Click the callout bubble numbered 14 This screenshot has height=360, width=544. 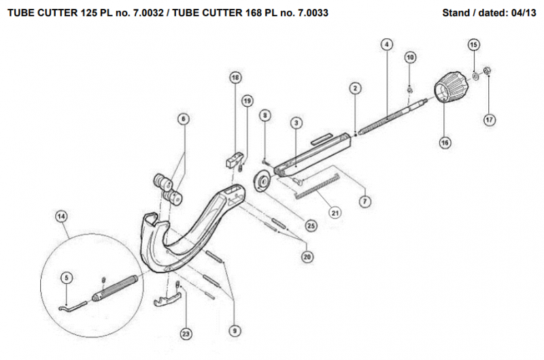pyautogui.click(x=61, y=216)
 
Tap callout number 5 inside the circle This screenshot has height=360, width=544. pyautogui.click(x=66, y=277)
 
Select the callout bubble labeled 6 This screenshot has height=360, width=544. pyautogui.click(x=183, y=118)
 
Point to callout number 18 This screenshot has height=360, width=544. pyautogui.click(x=235, y=78)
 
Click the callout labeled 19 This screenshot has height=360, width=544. pyautogui.click(x=247, y=101)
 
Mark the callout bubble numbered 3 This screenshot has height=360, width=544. pyautogui.click(x=296, y=123)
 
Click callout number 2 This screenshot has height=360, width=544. pyautogui.click(x=354, y=88)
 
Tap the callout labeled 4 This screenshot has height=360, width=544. pyautogui.click(x=386, y=45)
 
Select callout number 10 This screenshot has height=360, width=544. pyautogui.click(x=410, y=57)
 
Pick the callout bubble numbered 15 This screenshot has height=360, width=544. pyautogui.click(x=474, y=44)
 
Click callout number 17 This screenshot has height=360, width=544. pyautogui.click(x=489, y=120)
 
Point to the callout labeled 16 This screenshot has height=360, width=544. pyautogui.click(x=445, y=143)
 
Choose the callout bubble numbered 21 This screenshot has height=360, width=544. pyautogui.click(x=335, y=213)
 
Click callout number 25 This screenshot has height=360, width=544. pyautogui.click(x=310, y=225)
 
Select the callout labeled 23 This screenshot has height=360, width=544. pyautogui.click(x=185, y=333)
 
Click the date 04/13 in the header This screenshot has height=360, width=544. pyautogui.click(x=522, y=12)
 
